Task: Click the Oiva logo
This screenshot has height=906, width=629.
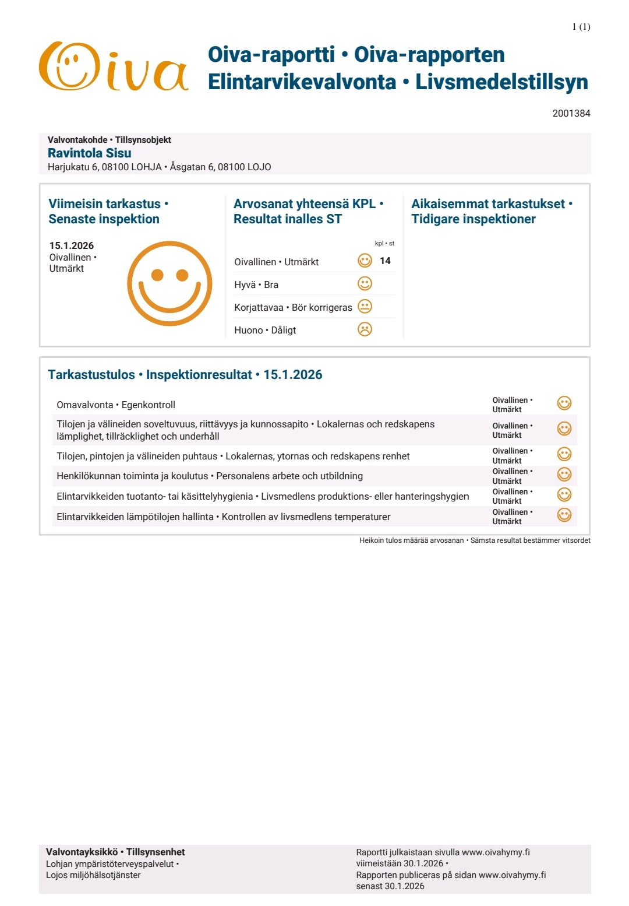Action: pos(114,66)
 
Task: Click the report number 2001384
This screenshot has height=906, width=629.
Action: pos(571,113)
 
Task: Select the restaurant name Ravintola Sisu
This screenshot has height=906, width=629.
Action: pos(89,153)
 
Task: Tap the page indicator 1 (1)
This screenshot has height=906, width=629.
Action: pos(581,27)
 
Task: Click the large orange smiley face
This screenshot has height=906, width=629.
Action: pos(169,283)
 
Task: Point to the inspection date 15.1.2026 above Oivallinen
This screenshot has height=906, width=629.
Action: pos(72,245)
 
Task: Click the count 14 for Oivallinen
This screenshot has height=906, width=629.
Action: pos(385,261)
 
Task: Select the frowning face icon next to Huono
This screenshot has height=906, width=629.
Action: pos(365,329)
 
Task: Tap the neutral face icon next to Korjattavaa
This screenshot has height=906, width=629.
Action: pos(365,307)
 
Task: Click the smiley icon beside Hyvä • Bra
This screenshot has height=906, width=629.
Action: pos(365,284)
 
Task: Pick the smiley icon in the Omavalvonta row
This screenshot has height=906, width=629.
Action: pos(564,403)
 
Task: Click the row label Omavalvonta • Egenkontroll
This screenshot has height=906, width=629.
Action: pos(116,405)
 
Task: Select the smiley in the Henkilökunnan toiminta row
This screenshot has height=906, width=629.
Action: pos(564,475)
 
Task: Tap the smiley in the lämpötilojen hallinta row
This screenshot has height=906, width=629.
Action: pos(564,515)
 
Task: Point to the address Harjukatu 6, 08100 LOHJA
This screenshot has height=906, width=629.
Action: pos(105,167)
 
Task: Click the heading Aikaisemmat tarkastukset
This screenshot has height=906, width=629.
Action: pos(491,204)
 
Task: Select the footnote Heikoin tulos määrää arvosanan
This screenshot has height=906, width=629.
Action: pos(411,540)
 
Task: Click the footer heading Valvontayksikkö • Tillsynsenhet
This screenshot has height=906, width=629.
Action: pos(115,852)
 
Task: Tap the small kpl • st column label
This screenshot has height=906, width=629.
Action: pos(384,244)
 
